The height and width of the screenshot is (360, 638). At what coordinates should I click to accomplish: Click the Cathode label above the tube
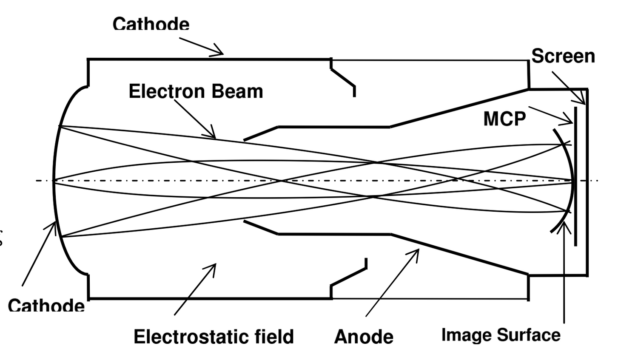[151, 24]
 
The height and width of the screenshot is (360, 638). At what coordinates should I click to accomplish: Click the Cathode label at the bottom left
[46, 306]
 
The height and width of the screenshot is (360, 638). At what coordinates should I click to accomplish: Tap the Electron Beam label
[196, 91]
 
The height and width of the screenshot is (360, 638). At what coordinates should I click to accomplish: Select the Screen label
[563, 56]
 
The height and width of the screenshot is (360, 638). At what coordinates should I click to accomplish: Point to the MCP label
[504, 119]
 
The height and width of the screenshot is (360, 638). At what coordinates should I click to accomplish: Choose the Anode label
[364, 337]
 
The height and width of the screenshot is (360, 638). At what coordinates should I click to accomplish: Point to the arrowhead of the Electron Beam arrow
[213, 136]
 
